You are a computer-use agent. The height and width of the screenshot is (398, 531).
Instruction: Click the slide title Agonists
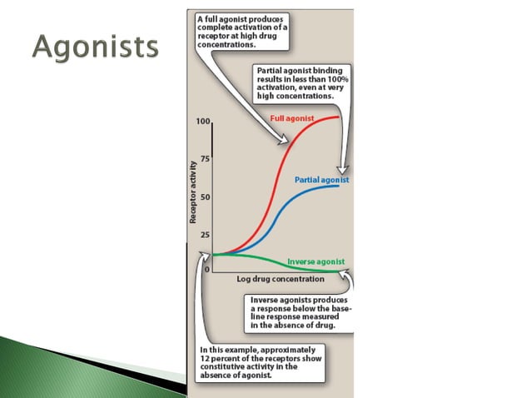coord(96,47)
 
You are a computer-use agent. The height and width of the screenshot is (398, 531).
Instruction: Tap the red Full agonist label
coord(292,119)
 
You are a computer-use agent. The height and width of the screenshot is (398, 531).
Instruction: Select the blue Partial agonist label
coord(322,180)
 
